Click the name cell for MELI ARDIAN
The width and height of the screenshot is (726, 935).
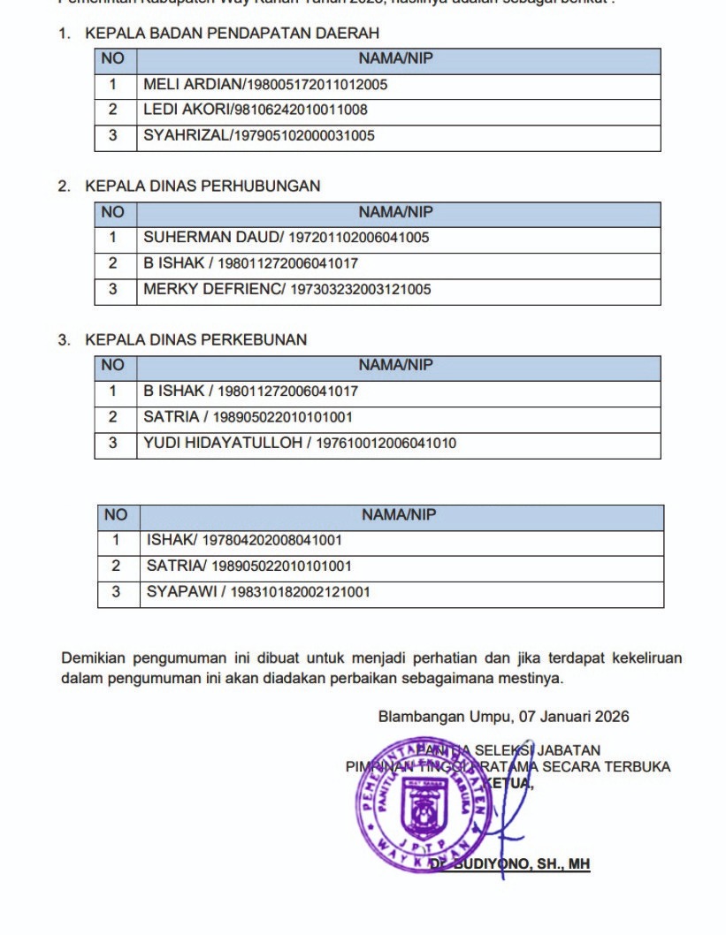coord(265,86)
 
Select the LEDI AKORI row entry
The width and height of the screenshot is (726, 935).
coord(256,110)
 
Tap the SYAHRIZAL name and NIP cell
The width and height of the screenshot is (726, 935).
coord(259,136)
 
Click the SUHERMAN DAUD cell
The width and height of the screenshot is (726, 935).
coord(287,238)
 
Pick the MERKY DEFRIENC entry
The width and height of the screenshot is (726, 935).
coord(287,289)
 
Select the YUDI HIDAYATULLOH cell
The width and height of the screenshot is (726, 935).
coord(300,444)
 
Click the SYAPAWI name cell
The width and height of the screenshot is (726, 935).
coord(258,592)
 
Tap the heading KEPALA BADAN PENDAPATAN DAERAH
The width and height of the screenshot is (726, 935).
coord(232,34)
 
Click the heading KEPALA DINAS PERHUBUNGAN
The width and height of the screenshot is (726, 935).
coord(203,186)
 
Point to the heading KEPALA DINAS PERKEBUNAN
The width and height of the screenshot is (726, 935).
coord(195,339)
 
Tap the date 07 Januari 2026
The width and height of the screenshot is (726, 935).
coord(575,717)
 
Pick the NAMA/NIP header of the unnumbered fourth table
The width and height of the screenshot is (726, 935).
coord(399,514)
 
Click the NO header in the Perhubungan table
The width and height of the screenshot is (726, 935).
coord(113,212)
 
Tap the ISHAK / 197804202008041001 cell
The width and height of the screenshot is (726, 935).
coord(244,540)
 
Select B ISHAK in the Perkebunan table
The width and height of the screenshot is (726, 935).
coord(173,391)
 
